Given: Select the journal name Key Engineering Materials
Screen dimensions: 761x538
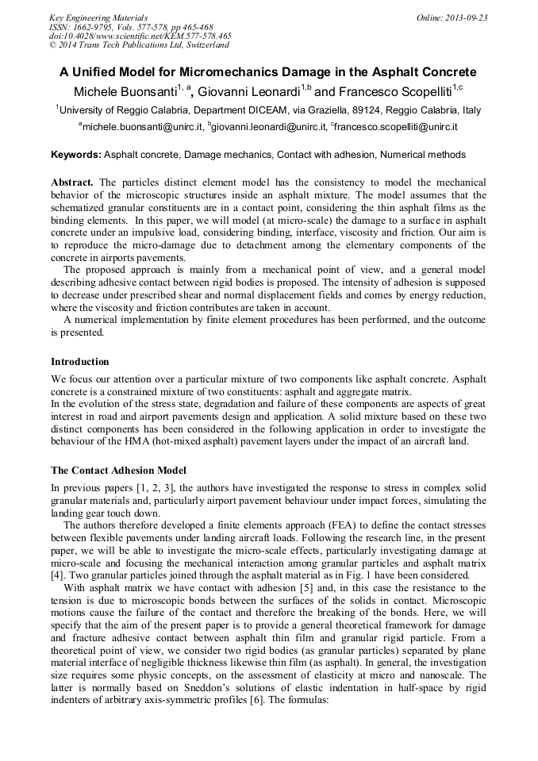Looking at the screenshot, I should pyautogui.click(x=98, y=17).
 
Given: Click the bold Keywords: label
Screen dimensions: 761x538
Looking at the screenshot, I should pyautogui.click(x=76, y=155).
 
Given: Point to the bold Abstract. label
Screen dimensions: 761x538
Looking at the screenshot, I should pyautogui.click(x=72, y=183).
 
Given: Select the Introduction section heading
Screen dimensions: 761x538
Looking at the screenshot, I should pyautogui.click(x=80, y=362).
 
